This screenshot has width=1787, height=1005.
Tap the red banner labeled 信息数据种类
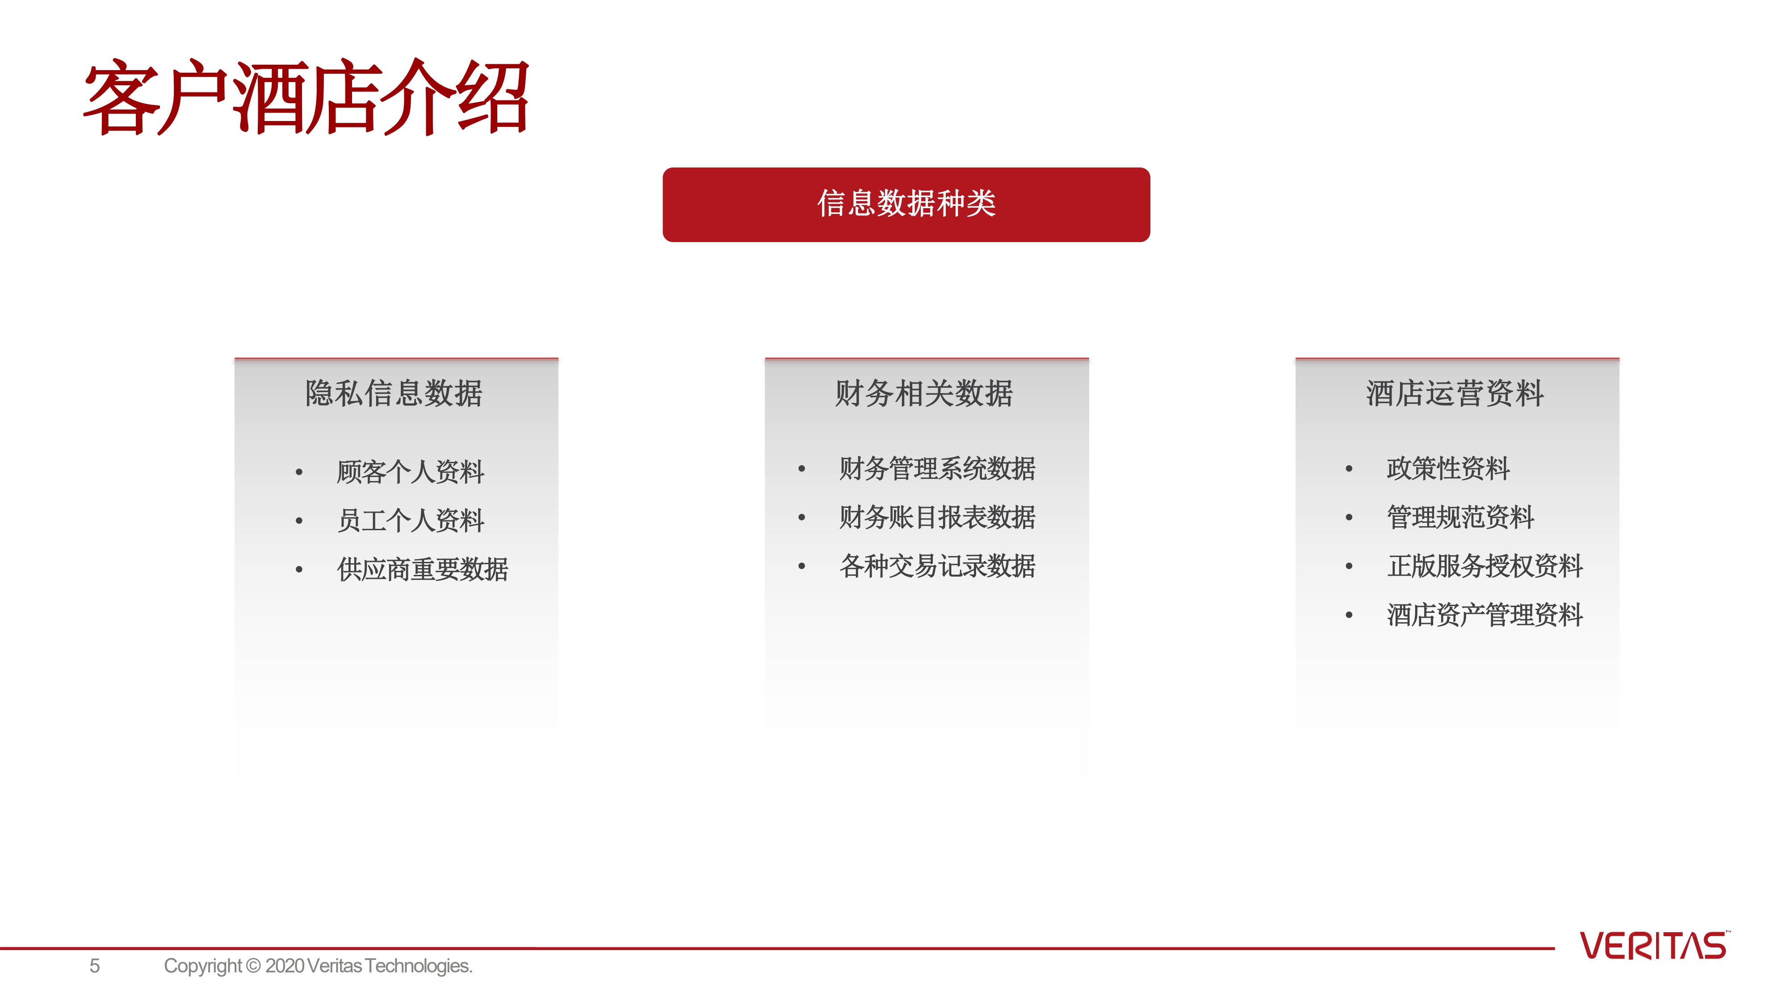coord(906,205)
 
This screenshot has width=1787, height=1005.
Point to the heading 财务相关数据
coord(924,393)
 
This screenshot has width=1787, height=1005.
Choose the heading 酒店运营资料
coord(1455,393)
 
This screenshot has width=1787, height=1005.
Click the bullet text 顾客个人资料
coord(410,472)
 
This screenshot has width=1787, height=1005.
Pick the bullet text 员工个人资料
coord(410,520)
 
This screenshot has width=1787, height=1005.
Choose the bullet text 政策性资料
coord(1448,468)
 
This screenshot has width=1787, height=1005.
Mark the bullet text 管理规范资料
coord(1460,517)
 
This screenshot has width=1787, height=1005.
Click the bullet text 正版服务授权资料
coord(1485,566)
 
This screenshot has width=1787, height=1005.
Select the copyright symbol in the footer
coord(253,966)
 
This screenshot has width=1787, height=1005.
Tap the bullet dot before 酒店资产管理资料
coord(1349,615)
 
